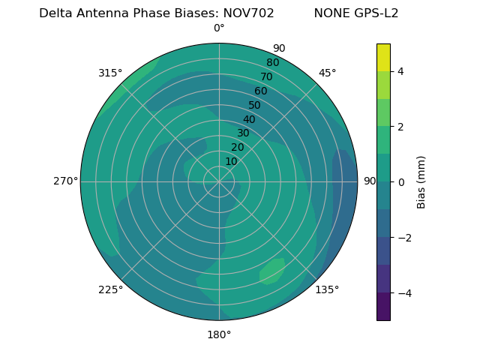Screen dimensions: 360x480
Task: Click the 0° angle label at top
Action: (219, 28)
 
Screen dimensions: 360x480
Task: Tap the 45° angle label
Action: (327, 73)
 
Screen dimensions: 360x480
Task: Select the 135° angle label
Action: (327, 289)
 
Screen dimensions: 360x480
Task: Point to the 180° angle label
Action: (219, 334)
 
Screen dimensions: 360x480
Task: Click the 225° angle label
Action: (110, 290)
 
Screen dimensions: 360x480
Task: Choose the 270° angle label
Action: (65, 181)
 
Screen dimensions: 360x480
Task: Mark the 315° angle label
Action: (110, 73)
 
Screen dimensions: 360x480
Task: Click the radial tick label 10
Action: (231, 161)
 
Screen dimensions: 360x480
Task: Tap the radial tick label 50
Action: (255, 106)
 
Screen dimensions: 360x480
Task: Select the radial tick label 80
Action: (272, 63)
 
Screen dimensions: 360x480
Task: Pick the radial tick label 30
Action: (243, 133)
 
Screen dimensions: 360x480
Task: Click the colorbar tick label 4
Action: (400, 71)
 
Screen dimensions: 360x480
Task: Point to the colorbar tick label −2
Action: (403, 238)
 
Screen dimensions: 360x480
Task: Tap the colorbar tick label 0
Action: (400, 182)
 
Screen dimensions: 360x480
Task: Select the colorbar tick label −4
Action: (403, 293)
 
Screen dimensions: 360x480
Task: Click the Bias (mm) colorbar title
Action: (421, 182)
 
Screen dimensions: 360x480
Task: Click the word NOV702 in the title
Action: (249, 13)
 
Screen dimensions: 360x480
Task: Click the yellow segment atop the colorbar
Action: (383, 57)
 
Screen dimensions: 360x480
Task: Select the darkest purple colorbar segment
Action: (383, 307)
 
